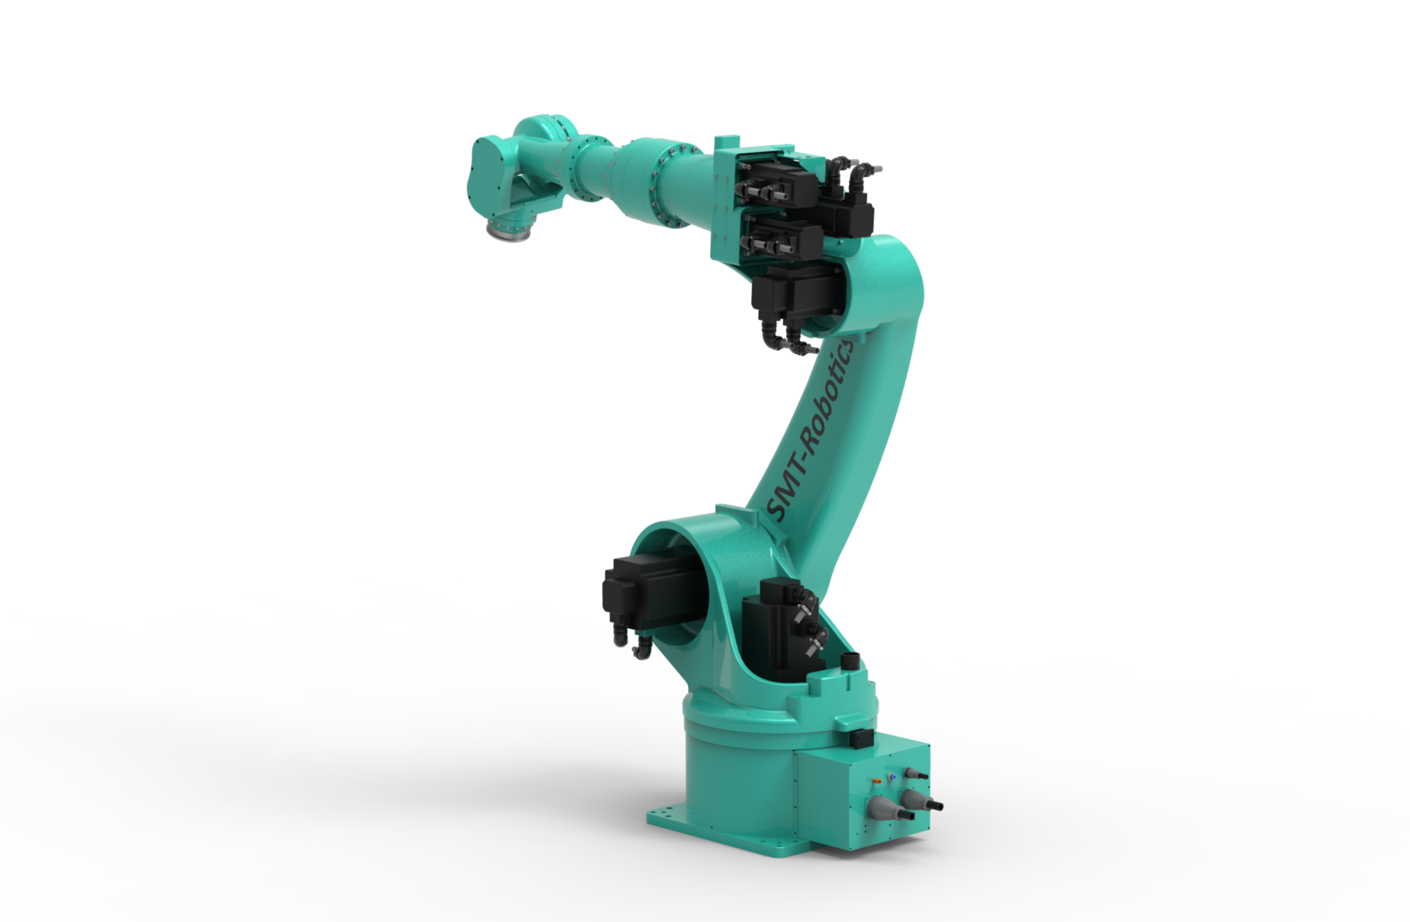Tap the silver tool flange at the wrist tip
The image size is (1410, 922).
tap(508, 230)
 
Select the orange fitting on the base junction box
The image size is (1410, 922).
tap(877, 781)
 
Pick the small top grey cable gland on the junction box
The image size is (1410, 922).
tap(915, 773)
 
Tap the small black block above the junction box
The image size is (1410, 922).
tap(862, 739)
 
